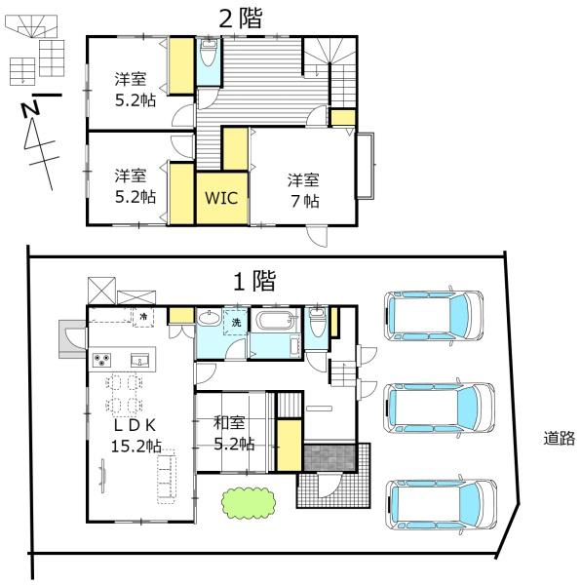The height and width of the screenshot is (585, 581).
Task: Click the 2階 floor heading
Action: point(239,17)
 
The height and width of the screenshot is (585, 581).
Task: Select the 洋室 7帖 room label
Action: point(303,190)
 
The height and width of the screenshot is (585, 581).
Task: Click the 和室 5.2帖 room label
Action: point(234,433)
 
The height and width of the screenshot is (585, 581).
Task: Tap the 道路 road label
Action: point(559,439)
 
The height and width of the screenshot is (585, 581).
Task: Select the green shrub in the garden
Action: point(248,502)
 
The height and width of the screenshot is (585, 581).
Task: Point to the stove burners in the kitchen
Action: point(104,361)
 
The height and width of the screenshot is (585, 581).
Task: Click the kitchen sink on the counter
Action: point(138,361)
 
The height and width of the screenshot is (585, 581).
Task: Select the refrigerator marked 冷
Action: point(142,315)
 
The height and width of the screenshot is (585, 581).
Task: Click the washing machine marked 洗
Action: point(236,322)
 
